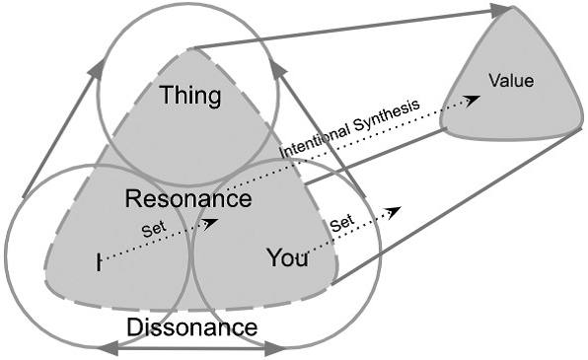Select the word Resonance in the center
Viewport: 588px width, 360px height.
coord(187,198)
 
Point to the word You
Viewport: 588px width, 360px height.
coord(287,258)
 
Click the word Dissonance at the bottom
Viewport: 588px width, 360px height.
coord(191,326)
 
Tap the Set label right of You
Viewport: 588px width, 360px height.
coord(341,223)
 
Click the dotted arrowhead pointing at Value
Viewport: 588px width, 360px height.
coord(474,100)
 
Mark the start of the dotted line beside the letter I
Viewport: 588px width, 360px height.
coord(107,260)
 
